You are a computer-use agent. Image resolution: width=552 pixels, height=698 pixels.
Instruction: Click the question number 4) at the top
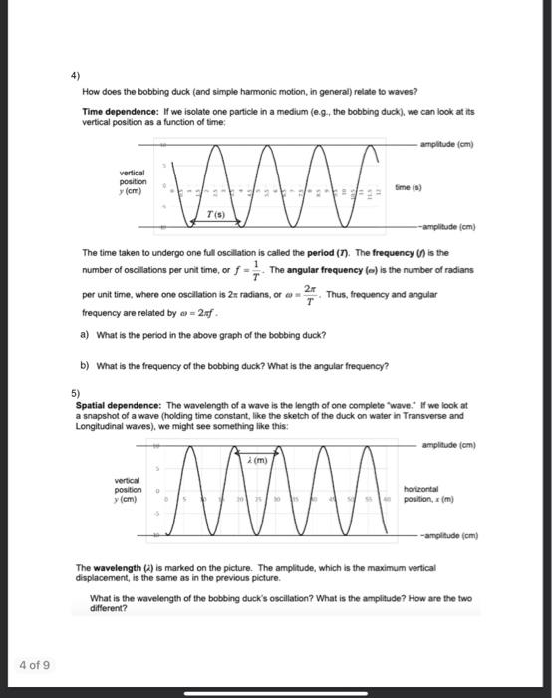(x=75, y=75)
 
